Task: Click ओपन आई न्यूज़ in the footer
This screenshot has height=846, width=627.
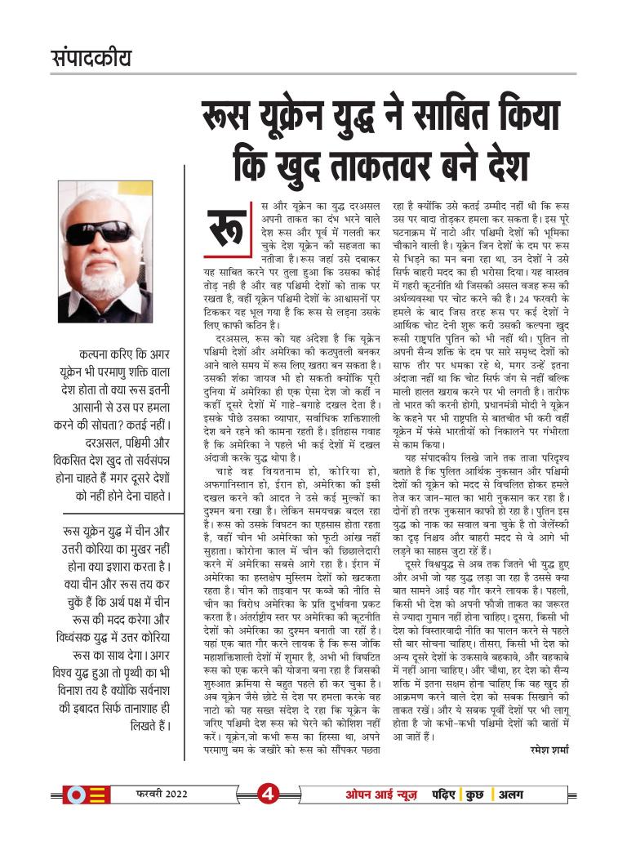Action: (383, 794)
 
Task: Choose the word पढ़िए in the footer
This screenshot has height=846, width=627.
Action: (444, 794)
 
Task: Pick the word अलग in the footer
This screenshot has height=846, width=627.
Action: (513, 794)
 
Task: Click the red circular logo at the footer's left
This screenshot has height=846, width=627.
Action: (74, 795)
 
